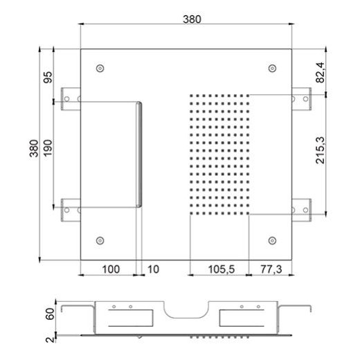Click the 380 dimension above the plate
click(x=192, y=19)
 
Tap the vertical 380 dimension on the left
click(x=34, y=148)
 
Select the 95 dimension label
click(x=48, y=78)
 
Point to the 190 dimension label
click(x=48, y=148)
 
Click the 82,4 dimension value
click(x=320, y=73)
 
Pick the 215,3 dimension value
click(x=320, y=150)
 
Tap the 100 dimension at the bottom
click(x=111, y=269)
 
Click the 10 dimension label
click(x=153, y=269)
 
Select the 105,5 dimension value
click(x=222, y=269)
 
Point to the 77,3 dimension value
click(x=271, y=269)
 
